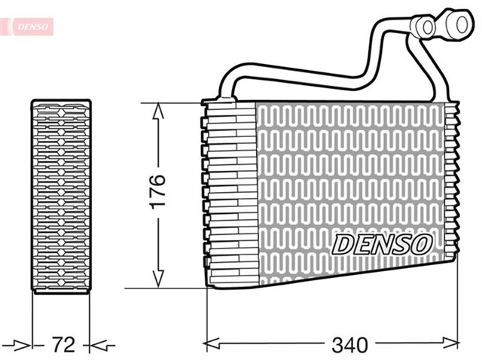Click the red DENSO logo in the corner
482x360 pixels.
tap(28, 26)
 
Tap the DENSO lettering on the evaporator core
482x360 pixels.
tap(383, 243)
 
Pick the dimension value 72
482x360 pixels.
tap(64, 345)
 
